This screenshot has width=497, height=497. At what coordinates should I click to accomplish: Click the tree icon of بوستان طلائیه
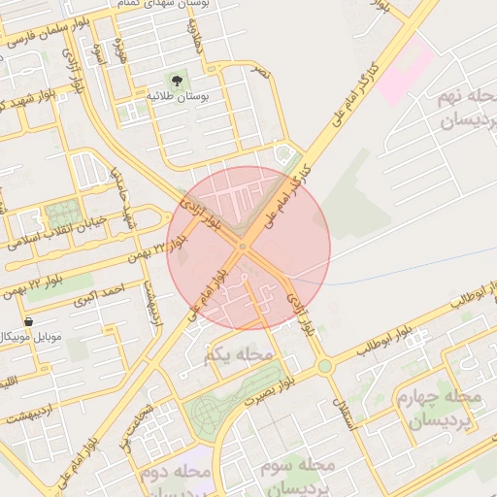(x=177, y=80)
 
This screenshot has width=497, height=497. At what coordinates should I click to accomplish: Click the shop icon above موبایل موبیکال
(x=27, y=320)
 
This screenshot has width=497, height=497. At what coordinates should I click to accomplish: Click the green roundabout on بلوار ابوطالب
(x=323, y=366)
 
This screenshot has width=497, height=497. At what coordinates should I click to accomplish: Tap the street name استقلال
(x=351, y=412)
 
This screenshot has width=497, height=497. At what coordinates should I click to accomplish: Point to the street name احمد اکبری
(x=105, y=290)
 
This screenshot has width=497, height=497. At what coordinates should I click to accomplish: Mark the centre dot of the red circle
(x=242, y=247)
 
